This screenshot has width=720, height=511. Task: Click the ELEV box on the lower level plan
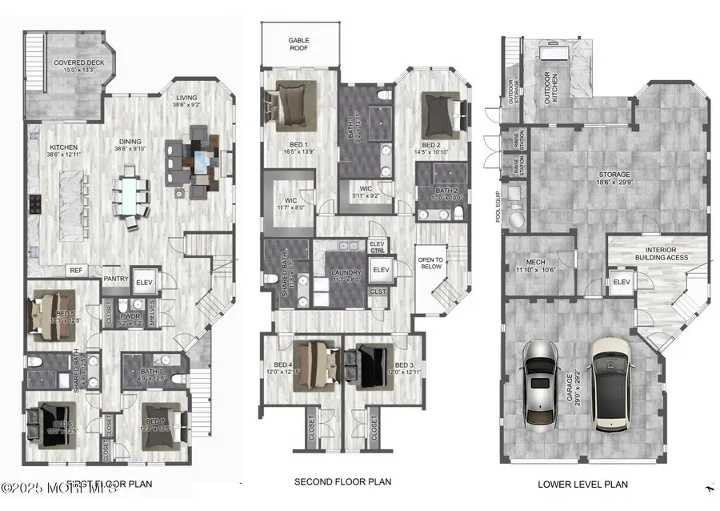(620, 282)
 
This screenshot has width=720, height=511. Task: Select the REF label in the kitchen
(75, 271)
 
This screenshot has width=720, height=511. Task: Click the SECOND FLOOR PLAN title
(342, 482)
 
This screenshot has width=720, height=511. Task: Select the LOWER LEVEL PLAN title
(582, 484)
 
